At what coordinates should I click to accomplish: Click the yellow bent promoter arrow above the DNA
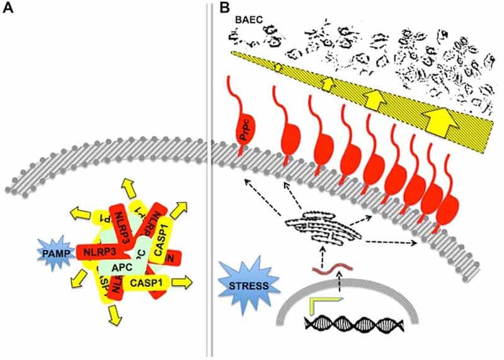[319, 306]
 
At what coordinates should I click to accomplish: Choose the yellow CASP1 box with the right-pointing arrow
[150, 284]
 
